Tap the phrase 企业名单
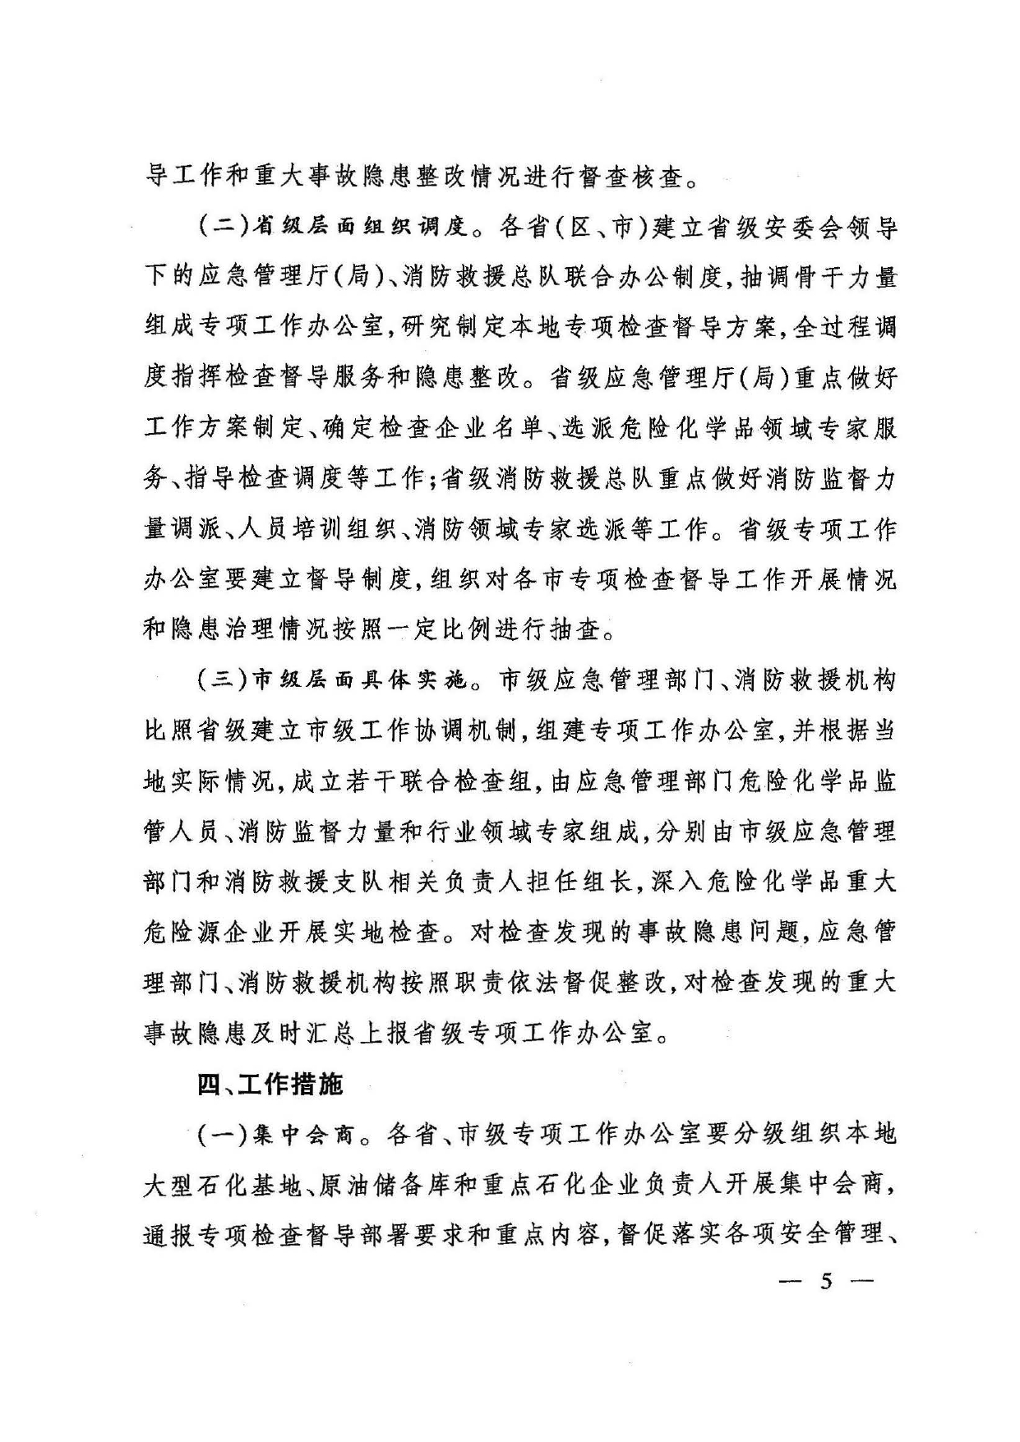pyautogui.click(x=484, y=430)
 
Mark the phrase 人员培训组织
pyautogui.click(x=319, y=530)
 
